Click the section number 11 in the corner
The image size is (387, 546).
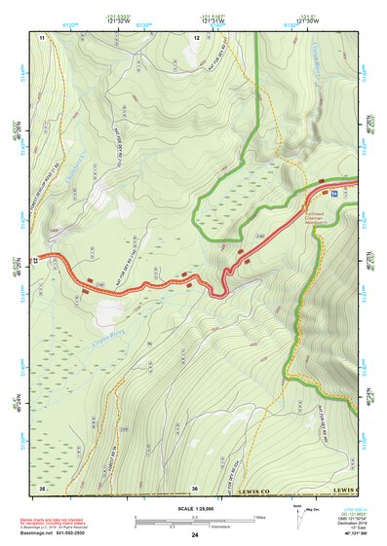(x=42, y=36)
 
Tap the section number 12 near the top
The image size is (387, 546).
(x=196, y=36)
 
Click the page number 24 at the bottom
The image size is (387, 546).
(x=195, y=535)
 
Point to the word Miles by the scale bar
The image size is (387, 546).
(x=261, y=517)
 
